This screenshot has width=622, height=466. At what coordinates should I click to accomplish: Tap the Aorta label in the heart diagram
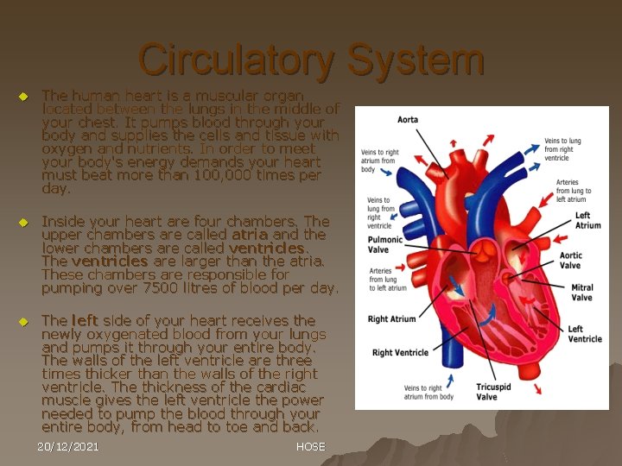[408, 120]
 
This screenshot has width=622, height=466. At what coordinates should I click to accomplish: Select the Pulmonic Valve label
[385, 244]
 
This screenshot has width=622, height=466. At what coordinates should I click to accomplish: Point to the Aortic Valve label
[570, 261]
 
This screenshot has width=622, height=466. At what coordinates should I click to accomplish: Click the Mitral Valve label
[581, 293]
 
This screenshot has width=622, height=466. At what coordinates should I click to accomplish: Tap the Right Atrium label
[392, 319]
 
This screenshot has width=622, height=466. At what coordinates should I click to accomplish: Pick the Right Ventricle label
[401, 352]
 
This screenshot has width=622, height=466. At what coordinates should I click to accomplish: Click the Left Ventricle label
[585, 334]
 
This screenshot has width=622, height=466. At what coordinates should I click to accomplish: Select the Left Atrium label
[587, 220]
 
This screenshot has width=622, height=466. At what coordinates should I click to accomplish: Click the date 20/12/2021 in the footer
[68, 446]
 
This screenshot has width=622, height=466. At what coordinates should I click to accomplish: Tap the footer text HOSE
[310, 446]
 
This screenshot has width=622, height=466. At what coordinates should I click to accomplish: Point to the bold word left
[84, 320]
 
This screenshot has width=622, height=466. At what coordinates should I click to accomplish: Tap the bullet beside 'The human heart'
[23, 96]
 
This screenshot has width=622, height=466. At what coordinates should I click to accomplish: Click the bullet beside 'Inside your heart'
[23, 222]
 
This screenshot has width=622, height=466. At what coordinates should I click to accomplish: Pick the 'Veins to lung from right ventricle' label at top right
[562, 149]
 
